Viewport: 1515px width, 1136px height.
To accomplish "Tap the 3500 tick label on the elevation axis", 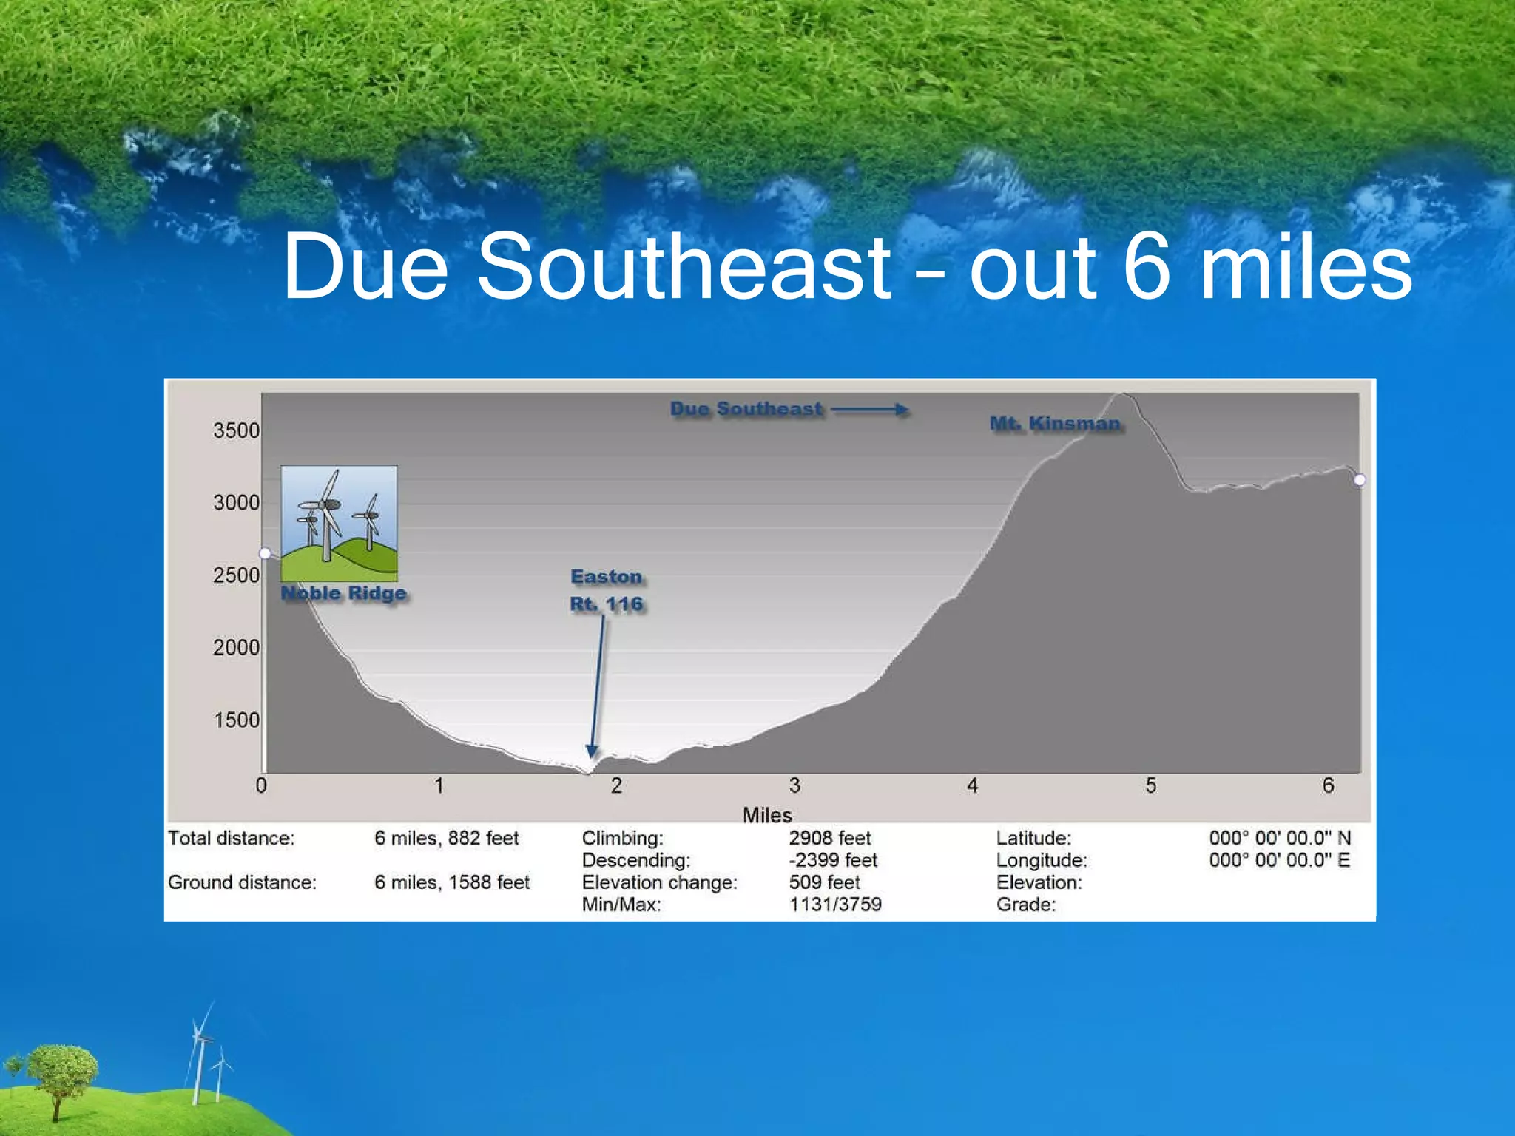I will click(x=236, y=430).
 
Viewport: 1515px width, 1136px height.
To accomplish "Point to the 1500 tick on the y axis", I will click(x=236, y=720).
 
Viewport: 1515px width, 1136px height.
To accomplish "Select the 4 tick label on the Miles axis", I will click(x=972, y=785).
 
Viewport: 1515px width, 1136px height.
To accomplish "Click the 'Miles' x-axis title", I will click(x=767, y=815).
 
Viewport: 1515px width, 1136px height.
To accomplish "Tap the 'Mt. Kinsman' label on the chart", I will click(x=1055, y=424).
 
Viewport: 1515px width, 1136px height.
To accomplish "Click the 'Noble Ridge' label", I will click(x=344, y=593).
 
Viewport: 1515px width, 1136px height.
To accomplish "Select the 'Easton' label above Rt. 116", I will click(x=607, y=577).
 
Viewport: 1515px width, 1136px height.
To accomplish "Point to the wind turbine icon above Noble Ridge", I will click(x=339, y=523).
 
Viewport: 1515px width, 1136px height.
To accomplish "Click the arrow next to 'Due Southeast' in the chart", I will click(x=870, y=409).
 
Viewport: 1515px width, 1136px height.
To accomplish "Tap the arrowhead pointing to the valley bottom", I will click(x=592, y=751).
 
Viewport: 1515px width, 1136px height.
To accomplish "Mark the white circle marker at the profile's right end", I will click(x=1360, y=480).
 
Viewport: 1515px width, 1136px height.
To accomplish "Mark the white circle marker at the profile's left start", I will click(x=265, y=553).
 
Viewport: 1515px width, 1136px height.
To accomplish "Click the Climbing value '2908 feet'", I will click(x=829, y=838).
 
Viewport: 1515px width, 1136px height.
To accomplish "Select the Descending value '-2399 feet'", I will click(x=833, y=860).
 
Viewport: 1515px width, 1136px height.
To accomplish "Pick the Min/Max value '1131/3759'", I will click(x=835, y=904).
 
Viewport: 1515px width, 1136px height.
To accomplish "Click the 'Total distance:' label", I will click(x=231, y=838).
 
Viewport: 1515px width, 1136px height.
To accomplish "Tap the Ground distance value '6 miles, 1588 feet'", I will click(x=452, y=882).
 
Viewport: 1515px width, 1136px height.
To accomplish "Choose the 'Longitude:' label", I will click(x=1042, y=860).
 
